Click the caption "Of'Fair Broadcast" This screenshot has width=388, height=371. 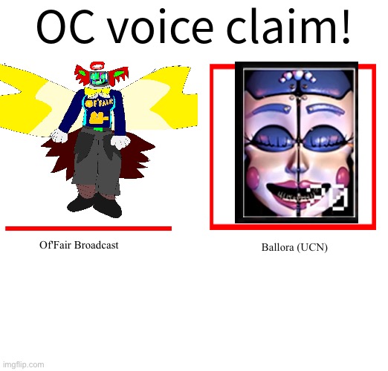click(79, 245)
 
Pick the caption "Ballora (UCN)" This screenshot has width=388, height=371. click(294, 247)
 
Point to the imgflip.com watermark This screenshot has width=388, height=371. click(24, 364)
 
